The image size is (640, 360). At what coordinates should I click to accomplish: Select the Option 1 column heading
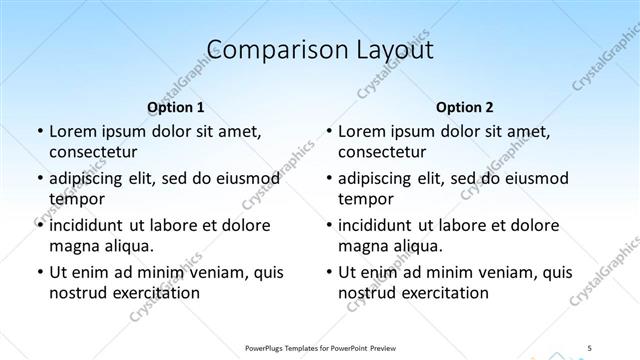point(175,106)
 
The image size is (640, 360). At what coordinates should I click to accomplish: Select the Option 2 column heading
point(465,106)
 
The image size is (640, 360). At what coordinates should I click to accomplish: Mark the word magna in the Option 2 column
point(362,245)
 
